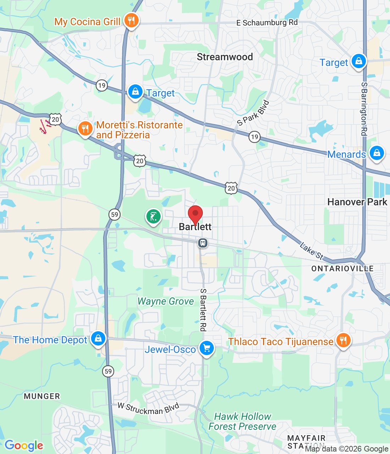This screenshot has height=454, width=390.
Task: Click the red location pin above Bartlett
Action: pyautogui.click(x=195, y=214)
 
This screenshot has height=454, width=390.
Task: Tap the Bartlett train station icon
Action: pyautogui.click(x=202, y=243)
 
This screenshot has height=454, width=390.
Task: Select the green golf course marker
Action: pyautogui.click(x=153, y=216)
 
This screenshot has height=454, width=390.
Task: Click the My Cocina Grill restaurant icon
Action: pyautogui.click(x=131, y=21)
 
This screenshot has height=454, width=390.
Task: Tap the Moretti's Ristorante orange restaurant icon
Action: pyautogui.click(x=85, y=129)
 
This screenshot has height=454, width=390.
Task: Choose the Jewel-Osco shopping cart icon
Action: pyautogui.click(x=207, y=348)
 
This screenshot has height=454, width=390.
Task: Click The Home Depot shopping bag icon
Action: pyautogui.click(x=98, y=339)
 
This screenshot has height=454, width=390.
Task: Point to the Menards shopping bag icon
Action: pyautogui.click(x=377, y=153)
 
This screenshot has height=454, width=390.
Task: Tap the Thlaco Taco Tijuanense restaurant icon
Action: pyautogui.click(x=343, y=340)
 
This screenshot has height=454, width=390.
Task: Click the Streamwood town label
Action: pyautogui.click(x=225, y=57)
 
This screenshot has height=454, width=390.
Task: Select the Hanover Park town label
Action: pyautogui.click(x=357, y=202)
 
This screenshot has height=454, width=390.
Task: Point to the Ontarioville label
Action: pyautogui.click(x=342, y=268)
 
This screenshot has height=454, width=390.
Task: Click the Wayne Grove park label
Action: pyautogui.click(x=166, y=301)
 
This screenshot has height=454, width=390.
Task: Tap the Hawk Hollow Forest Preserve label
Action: pyautogui.click(x=243, y=421)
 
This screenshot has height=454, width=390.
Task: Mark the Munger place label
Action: pyautogui.click(x=42, y=396)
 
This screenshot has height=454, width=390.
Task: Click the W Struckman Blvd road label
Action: pyautogui.click(x=149, y=408)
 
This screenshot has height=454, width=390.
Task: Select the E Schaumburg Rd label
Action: pyautogui.click(x=267, y=23)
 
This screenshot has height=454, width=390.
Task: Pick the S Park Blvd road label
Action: pyautogui.click(x=253, y=113)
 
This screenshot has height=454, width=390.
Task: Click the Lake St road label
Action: pyautogui.click(x=311, y=251)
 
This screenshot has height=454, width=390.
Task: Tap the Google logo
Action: pyautogui.click(x=24, y=445)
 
